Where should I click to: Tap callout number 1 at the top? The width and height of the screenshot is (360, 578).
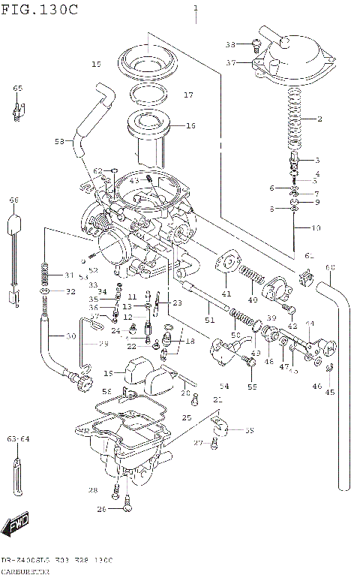(196, 8)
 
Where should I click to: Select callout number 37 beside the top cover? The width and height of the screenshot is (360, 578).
(232, 63)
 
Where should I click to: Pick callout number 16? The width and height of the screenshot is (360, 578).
(190, 126)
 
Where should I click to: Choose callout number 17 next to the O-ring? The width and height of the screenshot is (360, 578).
(188, 95)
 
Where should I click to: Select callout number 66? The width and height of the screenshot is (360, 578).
(13, 200)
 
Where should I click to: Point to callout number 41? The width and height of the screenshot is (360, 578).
(226, 292)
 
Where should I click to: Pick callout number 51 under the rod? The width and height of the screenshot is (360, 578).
(209, 321)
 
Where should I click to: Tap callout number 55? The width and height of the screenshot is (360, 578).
(252, 387)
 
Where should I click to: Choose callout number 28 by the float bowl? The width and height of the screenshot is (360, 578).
(92, 490)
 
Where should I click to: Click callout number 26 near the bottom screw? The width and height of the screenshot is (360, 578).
(101, 510)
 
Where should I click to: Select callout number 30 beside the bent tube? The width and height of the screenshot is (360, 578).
(70, 336)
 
